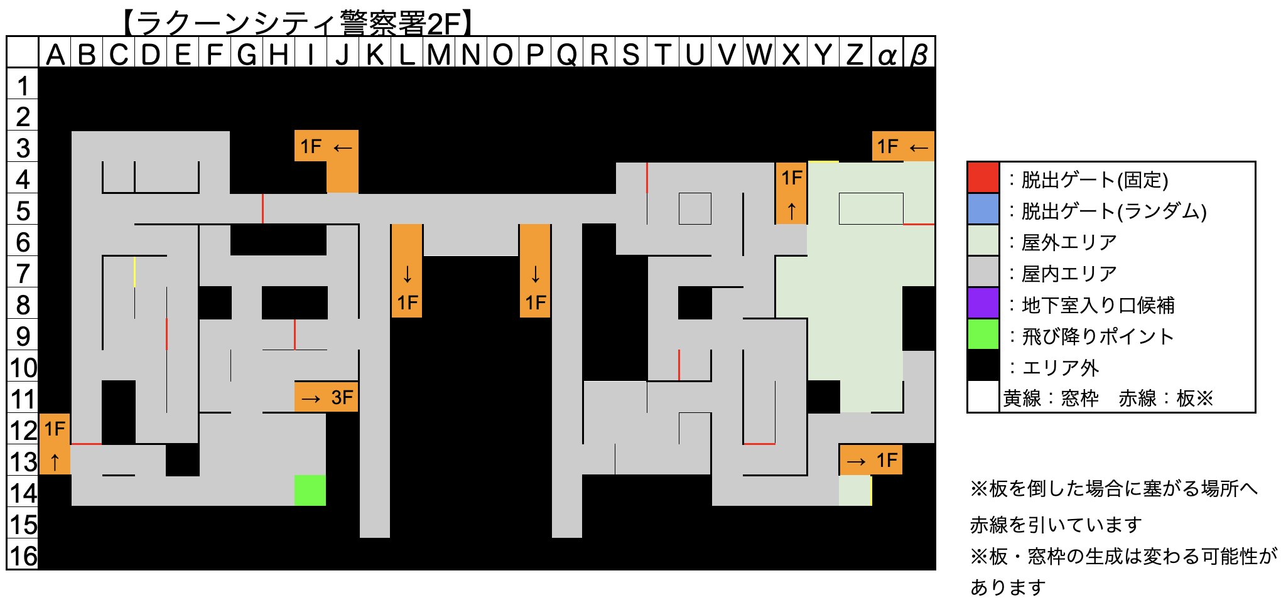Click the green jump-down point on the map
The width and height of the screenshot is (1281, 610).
coord(310,490)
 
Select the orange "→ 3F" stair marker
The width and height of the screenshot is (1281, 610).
coord(327,397)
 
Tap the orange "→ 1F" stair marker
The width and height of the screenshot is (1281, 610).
coord(871,460)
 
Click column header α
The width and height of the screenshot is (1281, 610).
coord(887,55)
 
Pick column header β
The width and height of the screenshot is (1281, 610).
coord(919,55)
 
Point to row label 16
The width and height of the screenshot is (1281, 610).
coord(23,555)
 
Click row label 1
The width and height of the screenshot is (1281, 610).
coord(23,85)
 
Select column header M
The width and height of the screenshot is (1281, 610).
coord(439,55)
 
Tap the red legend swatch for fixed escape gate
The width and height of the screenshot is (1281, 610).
coord(983,178)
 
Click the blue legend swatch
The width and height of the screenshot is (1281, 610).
coord(983,209)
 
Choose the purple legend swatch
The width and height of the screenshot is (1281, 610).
coord(983,303)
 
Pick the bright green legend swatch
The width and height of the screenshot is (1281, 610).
coord(983,334)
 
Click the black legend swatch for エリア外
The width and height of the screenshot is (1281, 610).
coord(983,366)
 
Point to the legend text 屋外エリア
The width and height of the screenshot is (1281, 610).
coord(1069,242)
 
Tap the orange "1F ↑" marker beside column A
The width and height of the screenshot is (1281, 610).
coord(55,444)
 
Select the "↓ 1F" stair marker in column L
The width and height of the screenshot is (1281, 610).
coord(407,271)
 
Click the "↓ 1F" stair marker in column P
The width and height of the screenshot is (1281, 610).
coord(535,271)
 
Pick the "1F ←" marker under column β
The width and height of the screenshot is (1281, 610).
coord(903,147)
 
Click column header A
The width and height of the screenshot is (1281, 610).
coord(55,55)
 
